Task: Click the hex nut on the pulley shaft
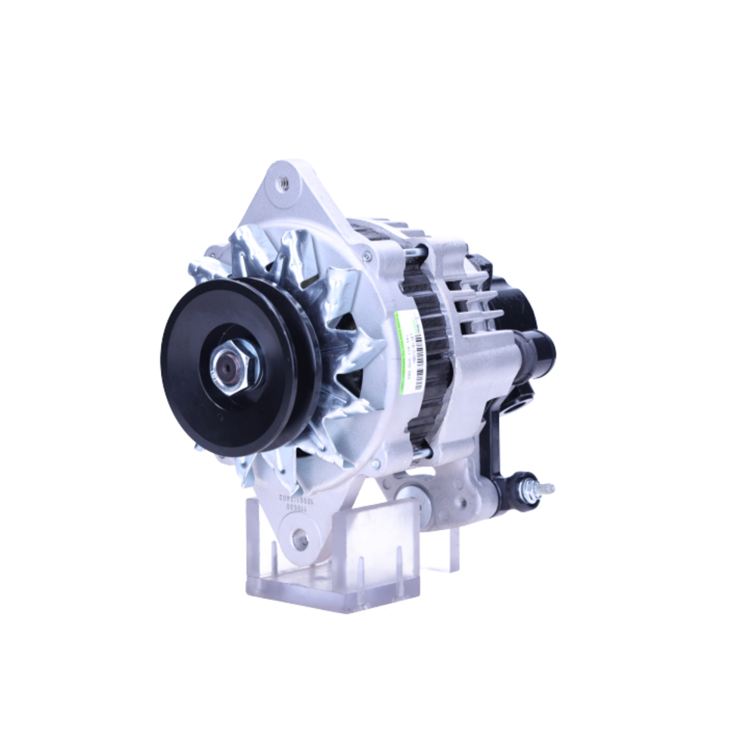pyautogui.click(x=235, y=370)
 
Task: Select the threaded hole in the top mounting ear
pyautogui.click(x=283, y=182)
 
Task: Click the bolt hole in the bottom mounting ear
pyautogui.click(x=300, y=540)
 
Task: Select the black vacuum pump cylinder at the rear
pyautogui.click(x=538, y=349)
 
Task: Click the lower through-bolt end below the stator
pyautogui.click(x=422, y=453)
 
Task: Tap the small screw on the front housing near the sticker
pyautogui.click(x=367, y=257)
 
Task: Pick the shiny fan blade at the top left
pyautogui.click(x=249, y=249)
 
